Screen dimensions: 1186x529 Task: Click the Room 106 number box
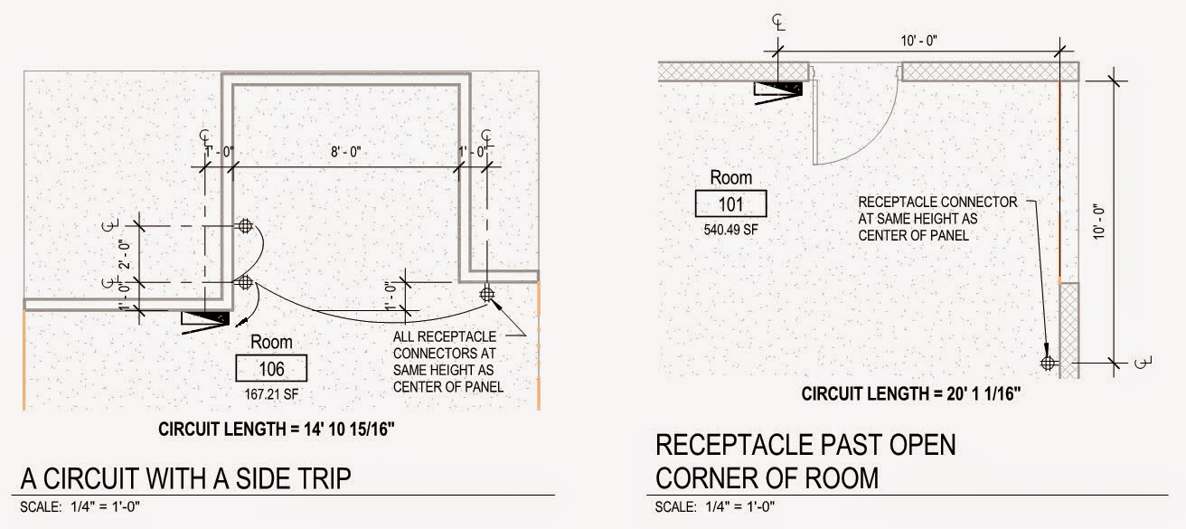[x=271, y=368]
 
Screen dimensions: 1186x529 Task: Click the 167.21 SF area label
[x=271, y=394]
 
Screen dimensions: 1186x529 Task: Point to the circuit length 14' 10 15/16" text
[x=277, y=429]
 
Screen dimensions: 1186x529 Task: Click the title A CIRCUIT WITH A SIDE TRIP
[x=185, y=478]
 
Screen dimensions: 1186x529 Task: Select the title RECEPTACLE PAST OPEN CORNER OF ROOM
[x=805, y=460]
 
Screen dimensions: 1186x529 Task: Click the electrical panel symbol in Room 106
[x=206, y=318]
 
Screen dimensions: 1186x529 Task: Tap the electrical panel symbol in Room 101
[x=780, y=89]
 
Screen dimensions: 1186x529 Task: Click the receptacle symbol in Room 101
[x=1048, y=364]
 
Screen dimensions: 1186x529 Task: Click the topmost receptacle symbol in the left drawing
[x=243, y=225]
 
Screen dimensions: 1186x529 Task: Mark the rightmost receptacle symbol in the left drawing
[x=488, y=294]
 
